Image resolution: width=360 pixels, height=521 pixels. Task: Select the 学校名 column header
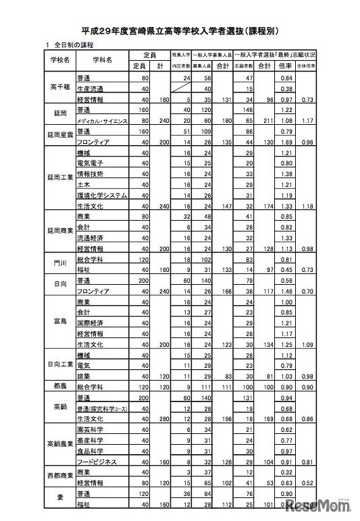(60, 59)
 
